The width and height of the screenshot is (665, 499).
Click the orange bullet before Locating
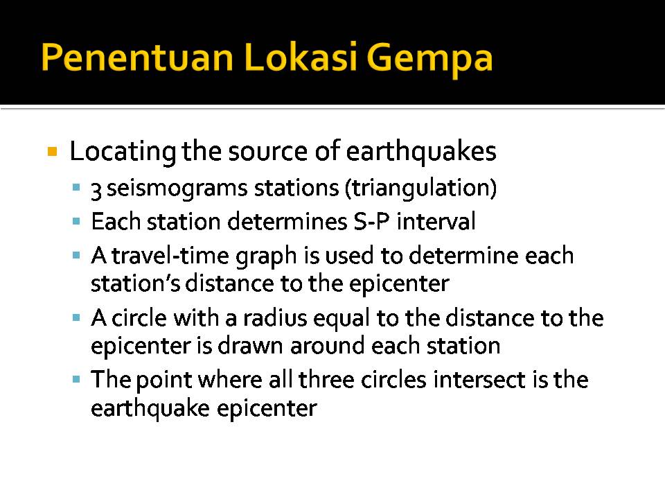point(52,152)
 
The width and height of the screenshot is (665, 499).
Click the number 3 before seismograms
point(96,189)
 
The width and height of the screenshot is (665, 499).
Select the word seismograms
point(177,189)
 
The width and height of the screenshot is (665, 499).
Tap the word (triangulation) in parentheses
point(420,189)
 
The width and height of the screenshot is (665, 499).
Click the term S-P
point(371,221)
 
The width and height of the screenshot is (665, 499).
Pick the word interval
point(436,221)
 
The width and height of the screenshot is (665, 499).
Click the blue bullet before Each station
point(76,221)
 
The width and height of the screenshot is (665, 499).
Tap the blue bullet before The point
point(76,379)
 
